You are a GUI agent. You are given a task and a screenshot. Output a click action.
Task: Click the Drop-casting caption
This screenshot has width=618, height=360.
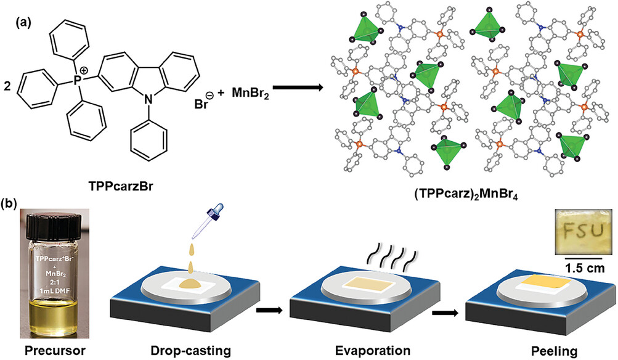pyautogui.click(x=190, y=350)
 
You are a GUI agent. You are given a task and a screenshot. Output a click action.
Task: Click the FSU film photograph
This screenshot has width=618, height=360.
pyautogui.click(x=580, y=231)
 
